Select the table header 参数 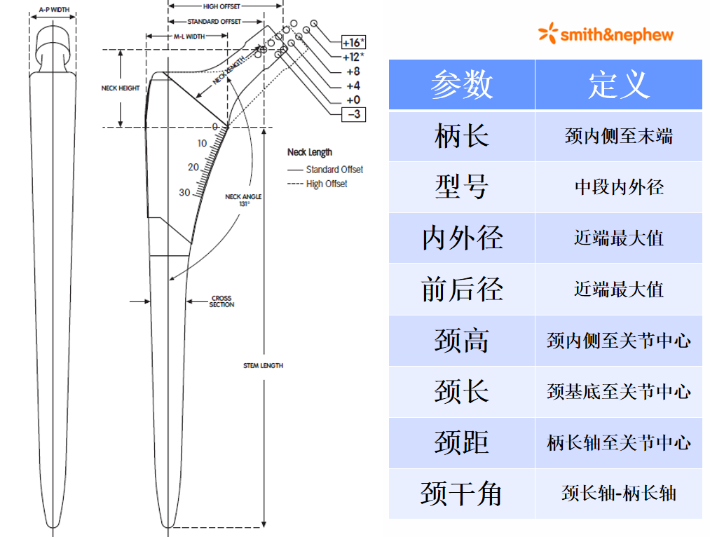click(x=461, y=85)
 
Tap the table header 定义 click(x=618, y=85)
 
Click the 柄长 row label click(x=461, y=136)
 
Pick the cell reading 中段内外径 click(x=618, y=187)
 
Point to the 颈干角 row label click(x=461, y=494)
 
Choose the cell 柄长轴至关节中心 click(x=618, y=443)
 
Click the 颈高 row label click(x=461, y=341)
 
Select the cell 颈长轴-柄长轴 click(x=618, y=494)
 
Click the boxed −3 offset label click(x=353, y=114)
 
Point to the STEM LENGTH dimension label click(x=263, y=366)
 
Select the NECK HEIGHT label click(x=120, y=88)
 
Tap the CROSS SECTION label click(x=221, y=301)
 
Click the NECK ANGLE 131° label click(x=243, y=200)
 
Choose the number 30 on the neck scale click(x=184, y=192)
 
